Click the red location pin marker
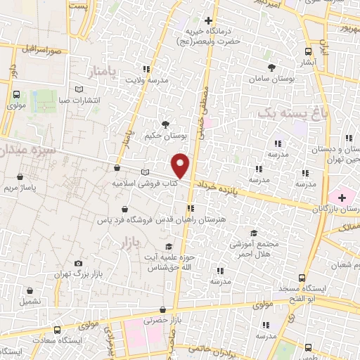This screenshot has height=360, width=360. tap(181, 165)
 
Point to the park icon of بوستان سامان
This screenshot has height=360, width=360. tap(272, 67)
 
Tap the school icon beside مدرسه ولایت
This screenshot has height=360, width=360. tap(146, 69)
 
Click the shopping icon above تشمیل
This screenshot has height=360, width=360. tap(30, 290)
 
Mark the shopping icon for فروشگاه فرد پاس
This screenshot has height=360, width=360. tap(124, 209)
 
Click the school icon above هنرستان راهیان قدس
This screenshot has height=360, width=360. tap(191, 208)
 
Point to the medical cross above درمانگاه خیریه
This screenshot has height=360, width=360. tap(208, 20)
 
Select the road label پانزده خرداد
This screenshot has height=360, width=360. tap(214, 186)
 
